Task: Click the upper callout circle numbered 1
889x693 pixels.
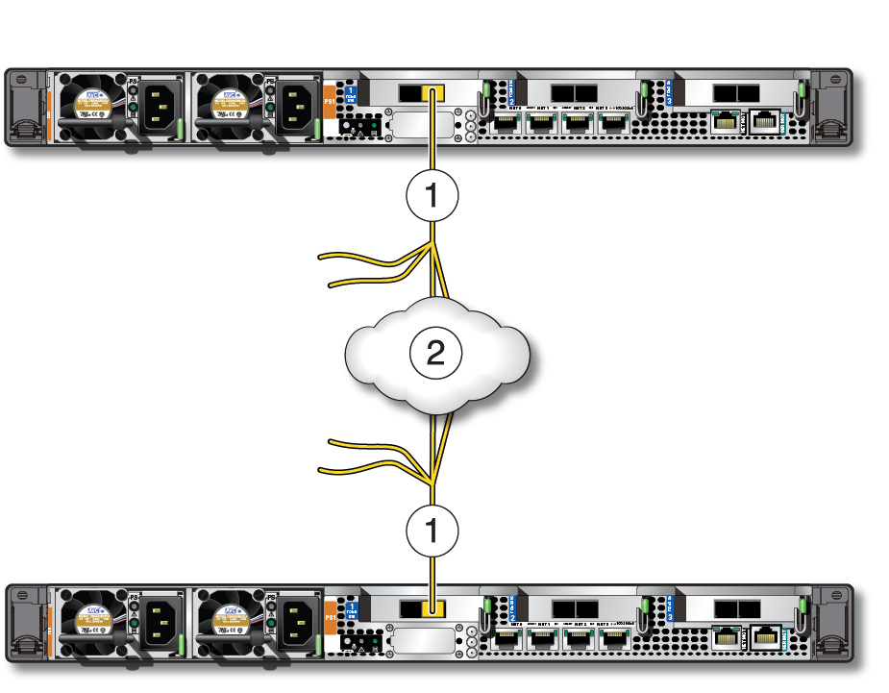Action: click(432, 196)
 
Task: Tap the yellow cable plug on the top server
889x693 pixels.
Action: click(433, 94)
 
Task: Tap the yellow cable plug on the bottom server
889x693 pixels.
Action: click(433, 608)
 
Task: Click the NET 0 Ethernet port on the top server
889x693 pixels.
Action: click(507, 122)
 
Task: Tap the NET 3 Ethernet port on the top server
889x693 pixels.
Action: click(611, 122)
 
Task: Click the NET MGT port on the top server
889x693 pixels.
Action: click(727, 120)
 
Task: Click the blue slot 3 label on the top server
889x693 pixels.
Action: click(669, 92)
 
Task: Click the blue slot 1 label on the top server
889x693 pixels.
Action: click(353, 92)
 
